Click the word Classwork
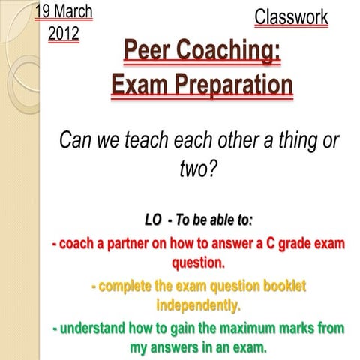click(291, 17)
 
